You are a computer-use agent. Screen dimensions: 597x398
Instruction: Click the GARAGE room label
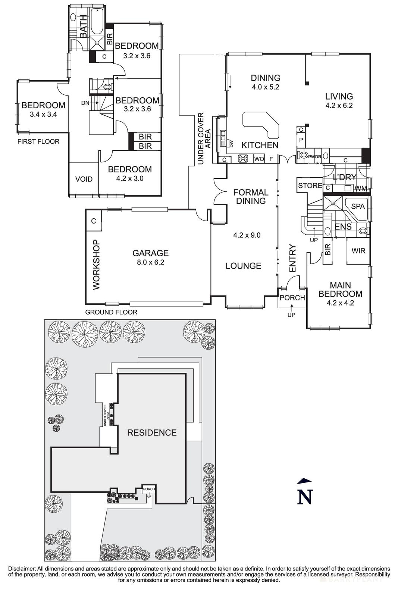pos(150,253)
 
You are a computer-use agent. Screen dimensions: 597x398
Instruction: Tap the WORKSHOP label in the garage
pos(97,265)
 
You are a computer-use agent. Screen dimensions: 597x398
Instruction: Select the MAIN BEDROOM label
pos(340,289)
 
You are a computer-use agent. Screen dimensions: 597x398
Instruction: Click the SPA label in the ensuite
pos(358,206)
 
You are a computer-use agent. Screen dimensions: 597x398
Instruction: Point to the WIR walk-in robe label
pos(358,251)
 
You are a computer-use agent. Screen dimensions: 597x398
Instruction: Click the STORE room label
pos(310,185)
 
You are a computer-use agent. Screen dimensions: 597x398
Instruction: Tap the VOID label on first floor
pos(84,179)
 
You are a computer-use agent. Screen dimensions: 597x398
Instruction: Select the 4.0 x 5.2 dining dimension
pos(265,87)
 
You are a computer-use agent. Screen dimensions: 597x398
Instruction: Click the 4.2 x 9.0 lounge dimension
pos(247,235)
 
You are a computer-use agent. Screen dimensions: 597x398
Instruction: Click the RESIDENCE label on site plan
pos(152,433)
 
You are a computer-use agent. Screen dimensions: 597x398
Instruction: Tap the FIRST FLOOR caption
pos(38,141)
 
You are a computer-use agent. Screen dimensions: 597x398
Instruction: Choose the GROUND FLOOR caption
pos(111,312)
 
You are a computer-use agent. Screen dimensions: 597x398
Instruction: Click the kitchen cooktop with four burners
pos(243,159)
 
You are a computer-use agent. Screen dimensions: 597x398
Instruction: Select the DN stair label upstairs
pos(85,103)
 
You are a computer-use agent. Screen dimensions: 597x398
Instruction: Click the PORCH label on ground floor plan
pos(292,298)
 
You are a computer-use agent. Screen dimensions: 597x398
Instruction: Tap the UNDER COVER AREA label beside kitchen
pos(205,138)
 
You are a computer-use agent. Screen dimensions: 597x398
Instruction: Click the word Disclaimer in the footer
pos(21,568)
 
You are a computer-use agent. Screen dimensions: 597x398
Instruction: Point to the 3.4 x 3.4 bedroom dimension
pos(43,115)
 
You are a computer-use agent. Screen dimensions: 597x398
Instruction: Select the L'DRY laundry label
pos(344,178)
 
